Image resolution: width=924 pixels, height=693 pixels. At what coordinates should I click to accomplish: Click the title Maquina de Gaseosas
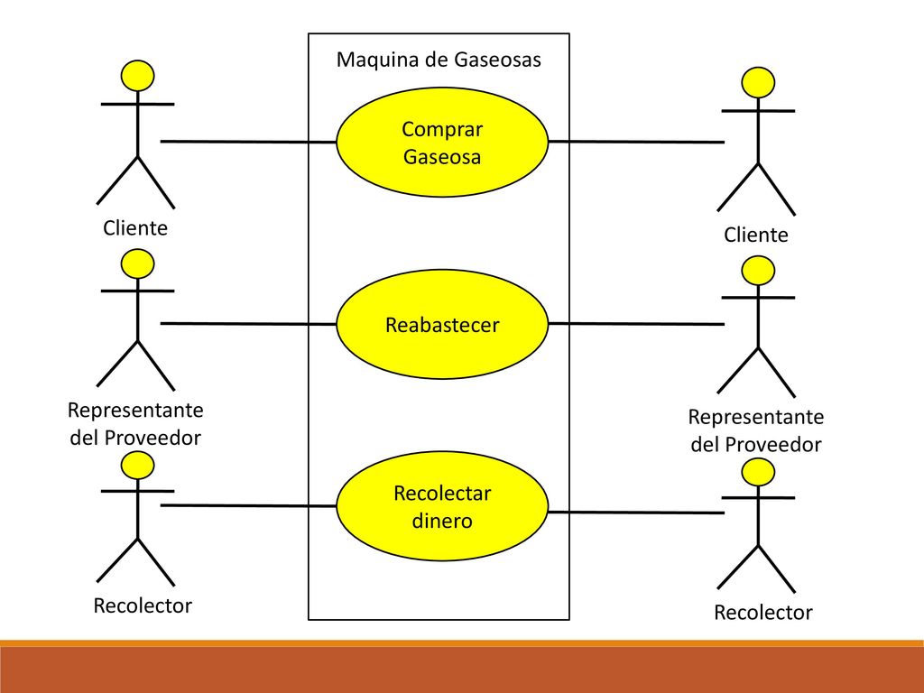coord(439,60)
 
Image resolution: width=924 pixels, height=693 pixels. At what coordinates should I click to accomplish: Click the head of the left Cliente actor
coord(137,76)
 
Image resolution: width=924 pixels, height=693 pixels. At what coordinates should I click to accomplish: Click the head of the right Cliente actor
coord(758,82)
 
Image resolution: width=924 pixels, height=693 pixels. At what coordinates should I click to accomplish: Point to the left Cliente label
coord(135,228)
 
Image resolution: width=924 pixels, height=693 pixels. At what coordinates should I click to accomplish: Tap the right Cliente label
coord(755,236)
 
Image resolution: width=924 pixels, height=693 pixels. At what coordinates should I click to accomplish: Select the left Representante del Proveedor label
coord(135,424)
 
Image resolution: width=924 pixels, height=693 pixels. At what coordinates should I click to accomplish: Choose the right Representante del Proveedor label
coord(756,430)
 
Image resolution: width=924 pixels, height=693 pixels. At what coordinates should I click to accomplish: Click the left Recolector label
coord(143,605)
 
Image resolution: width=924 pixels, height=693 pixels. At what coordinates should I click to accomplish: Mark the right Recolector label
coord(763,613)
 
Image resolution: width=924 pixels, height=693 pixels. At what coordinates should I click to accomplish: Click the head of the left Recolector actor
coord(137,466)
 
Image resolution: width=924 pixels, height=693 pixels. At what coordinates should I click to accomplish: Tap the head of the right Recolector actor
coord(758,472)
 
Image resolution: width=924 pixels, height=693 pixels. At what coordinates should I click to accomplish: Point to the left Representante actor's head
coord(137,263)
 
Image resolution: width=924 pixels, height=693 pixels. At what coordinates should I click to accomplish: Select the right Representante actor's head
coord(758,271)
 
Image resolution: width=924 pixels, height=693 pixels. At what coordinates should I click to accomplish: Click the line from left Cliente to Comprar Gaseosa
coord(249,142)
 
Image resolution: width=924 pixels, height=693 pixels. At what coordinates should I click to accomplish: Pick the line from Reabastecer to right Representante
coord(636,324)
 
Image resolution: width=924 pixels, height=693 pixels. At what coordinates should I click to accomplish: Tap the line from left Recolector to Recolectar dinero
coord(249,505)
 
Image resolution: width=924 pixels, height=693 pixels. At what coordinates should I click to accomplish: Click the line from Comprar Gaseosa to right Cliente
coord(636,142)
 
